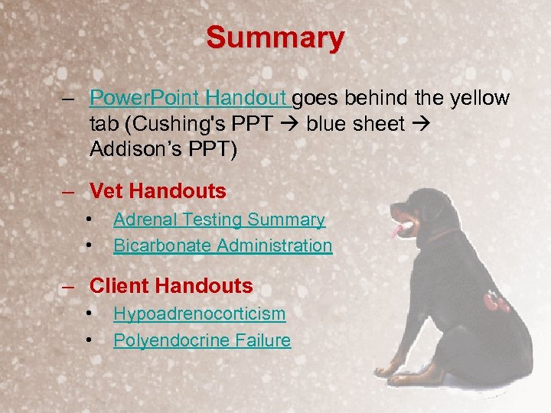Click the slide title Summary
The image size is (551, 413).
275,37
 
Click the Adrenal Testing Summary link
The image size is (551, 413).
219,220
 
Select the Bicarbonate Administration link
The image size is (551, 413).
223,246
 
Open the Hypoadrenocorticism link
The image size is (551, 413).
199,314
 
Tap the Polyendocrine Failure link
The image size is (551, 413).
202,340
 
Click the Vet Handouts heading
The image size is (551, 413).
158,190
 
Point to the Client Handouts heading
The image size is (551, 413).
171,286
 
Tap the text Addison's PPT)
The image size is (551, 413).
164,151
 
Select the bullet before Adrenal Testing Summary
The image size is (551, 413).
90,220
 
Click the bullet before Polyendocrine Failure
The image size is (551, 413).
90,340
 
